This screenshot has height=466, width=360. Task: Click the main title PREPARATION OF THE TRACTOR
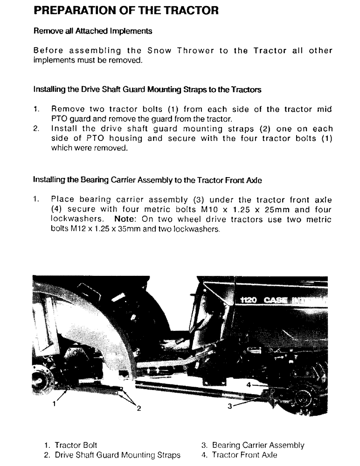pos(126,11)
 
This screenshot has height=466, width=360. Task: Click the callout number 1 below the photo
pos(55,404)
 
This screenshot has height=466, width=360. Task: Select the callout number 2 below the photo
pos(138,409)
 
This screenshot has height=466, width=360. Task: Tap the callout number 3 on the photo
pos(229,406)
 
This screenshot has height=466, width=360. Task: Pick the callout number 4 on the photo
pos(249,385)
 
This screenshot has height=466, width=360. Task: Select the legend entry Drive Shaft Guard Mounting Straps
pos(112,455)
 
